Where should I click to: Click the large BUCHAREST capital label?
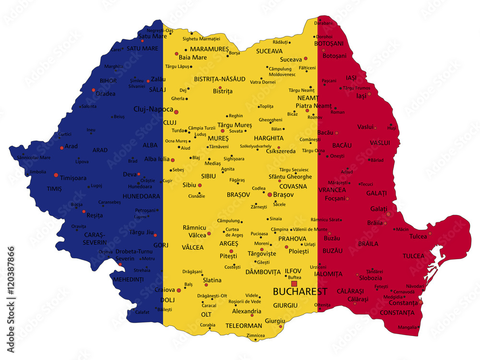click(x=300, y=291)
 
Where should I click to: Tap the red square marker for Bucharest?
click(x=294, y=283)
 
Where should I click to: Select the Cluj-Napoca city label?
click(x=153, y=109)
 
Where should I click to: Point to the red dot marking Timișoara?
click(x=56, y=175)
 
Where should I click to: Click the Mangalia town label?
click(x=407, y=327)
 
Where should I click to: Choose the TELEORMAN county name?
click(x=244, y=325)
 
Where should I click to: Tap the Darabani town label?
click(x=323, y=23)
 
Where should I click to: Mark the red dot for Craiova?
click(x=179, y=290)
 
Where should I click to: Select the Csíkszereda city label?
click(x=280, y=151)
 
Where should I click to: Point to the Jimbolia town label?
click(x=38, y=171)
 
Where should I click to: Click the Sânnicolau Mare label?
click(x=34, y=157)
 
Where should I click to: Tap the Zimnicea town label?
click(x=255, y=336)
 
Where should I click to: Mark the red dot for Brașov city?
click(x=270, y=194)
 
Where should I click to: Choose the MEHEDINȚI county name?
click(x=128, y=279)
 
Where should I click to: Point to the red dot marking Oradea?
click(x=94, y=90)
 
